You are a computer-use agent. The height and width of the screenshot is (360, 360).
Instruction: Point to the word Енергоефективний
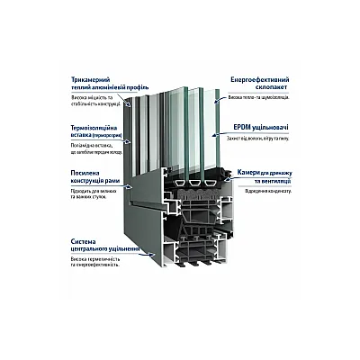pos(256,80)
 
